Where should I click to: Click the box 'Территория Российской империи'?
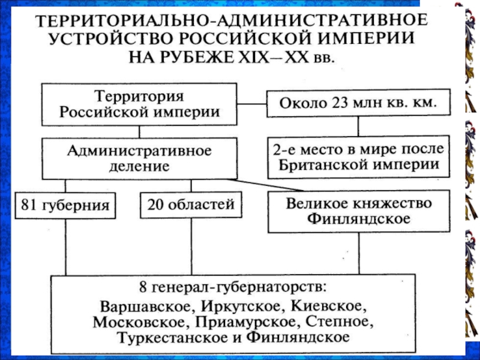[140, 103]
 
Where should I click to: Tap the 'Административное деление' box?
[140, 158]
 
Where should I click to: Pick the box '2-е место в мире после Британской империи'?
[358, 157]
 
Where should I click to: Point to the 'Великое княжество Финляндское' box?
[358, 211]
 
